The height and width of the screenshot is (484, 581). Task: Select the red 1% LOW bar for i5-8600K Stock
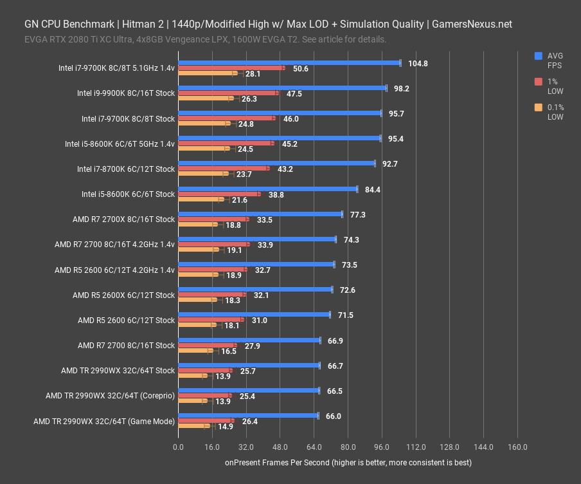coord(219,194)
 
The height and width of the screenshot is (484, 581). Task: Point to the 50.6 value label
coord(300,68)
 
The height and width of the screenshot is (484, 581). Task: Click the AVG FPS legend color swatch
coord(539,56)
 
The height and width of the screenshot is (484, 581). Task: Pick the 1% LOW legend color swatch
coord(539,82)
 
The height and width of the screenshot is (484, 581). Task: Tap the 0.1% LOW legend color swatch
coord(539,107)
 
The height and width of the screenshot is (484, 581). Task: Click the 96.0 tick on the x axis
coord(382,447)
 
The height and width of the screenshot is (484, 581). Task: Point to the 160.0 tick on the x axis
coord(517,447)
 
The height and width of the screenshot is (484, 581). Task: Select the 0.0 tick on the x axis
coord(178,447)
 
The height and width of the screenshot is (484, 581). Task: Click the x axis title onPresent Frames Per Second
coord(348,463)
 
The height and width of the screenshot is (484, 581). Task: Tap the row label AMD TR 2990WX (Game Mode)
coord(103,421)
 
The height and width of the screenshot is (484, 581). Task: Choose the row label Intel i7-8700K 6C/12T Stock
coord(125,169)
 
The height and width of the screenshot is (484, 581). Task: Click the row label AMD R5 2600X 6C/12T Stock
coord(123,295)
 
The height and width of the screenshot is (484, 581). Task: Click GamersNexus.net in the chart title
coord(472,24)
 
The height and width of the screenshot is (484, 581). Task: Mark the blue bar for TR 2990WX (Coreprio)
coord(248,390)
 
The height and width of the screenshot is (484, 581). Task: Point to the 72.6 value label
coord(347,290)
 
